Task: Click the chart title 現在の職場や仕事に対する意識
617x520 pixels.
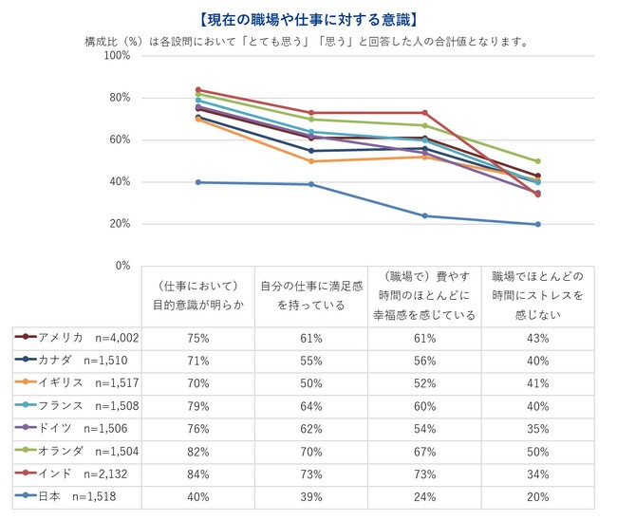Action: pyautogui.click(x=309, y=19)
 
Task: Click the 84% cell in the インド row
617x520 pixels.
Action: pyautogui.click(x=197, y=472)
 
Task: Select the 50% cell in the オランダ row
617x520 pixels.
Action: pyautogui.click(x=537, y=450)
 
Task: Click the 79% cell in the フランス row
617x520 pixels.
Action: pyautogui.click(x=197, y=404)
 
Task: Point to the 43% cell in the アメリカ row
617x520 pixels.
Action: pyautogui.click(x=537, y=337)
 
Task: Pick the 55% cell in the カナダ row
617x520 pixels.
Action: pyautogui.click(x=310, y=360)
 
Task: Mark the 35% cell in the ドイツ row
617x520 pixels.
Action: pyautogui.click(x=537, y=427)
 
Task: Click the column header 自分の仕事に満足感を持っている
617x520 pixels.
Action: pyautogui.click(x=310, y=296)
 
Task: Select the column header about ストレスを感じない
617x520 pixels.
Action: pyautogui.click(x=537, y=296)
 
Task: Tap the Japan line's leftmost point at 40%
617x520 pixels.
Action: pyautogui.click(x=197, y=182)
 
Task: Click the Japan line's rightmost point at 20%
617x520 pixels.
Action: pyautogui.click(x=537, y=224)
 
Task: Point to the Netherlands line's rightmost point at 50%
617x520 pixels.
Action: pyautogui.click(x=537, y=161)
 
